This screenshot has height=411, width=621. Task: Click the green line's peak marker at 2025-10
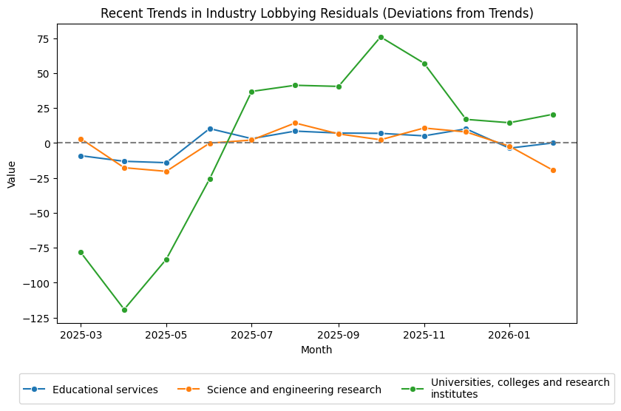pos(381,37)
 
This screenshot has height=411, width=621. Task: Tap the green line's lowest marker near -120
pos(124,310)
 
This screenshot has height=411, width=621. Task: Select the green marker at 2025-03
pos(81,252)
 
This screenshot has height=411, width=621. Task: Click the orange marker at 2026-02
pos(553,170)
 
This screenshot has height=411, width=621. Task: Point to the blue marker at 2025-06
pos(210,129)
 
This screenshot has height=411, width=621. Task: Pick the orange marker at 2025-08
pos(295,123)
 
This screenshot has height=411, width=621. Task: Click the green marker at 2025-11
pos(424,64)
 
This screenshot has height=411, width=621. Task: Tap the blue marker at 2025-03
pos(81,156)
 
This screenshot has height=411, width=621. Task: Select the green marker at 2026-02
pos(553,115)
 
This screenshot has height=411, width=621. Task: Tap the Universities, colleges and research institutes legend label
pos(520,388)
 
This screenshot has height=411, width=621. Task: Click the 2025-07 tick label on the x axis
pos(251,335)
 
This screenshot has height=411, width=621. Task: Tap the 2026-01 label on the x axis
pos(509,335)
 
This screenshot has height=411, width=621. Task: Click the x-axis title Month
pos(316,350)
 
